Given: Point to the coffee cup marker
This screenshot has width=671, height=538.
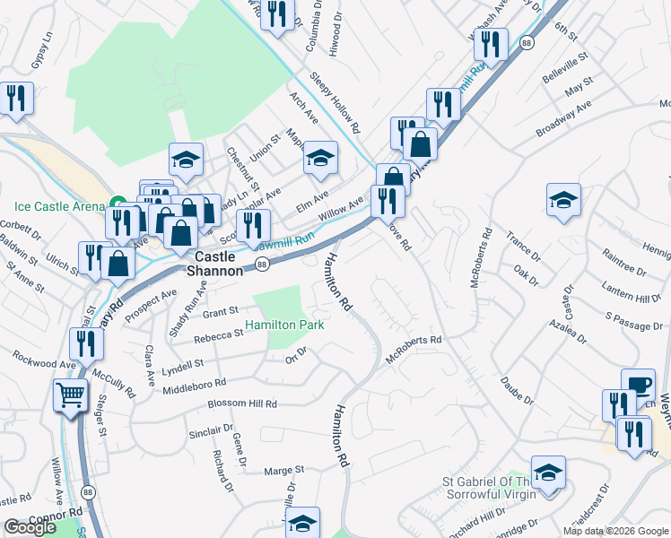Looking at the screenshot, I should point(638,383).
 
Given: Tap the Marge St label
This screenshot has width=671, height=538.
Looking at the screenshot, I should point(284,470).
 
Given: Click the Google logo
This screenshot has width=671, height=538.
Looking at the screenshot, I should point(30,527).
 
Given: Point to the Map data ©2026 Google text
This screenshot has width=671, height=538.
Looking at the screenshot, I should point(615,531).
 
